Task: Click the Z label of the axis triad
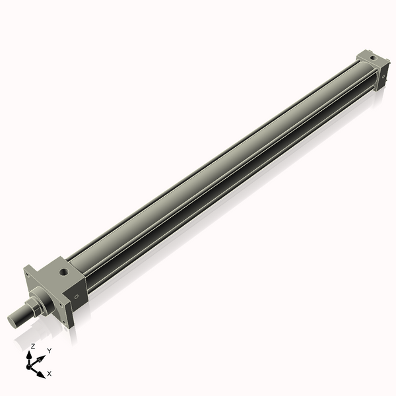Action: (32, 346)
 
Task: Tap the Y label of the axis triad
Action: (49, 350)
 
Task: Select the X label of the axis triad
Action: (49, 374)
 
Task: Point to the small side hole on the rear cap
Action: (379, 77)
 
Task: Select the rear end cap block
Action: (370, 69)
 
